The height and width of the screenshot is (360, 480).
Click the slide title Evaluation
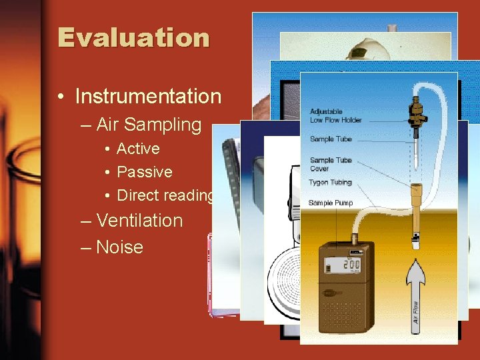point(133,37)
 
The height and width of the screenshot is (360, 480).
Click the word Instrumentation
point(147,97)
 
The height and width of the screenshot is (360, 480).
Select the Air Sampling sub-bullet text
point(148,125)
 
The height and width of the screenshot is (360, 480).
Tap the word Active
point(138,149)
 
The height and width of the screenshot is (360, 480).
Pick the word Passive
point(144,172)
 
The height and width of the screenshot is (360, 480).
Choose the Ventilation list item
point(139,221)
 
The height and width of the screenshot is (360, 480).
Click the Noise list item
point(119,247)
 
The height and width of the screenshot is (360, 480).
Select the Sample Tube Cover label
point(331,164)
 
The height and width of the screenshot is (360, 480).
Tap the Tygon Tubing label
point(331,182)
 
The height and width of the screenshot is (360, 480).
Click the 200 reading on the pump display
point(351,265)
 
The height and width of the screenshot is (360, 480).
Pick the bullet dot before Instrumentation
point(61,97)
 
